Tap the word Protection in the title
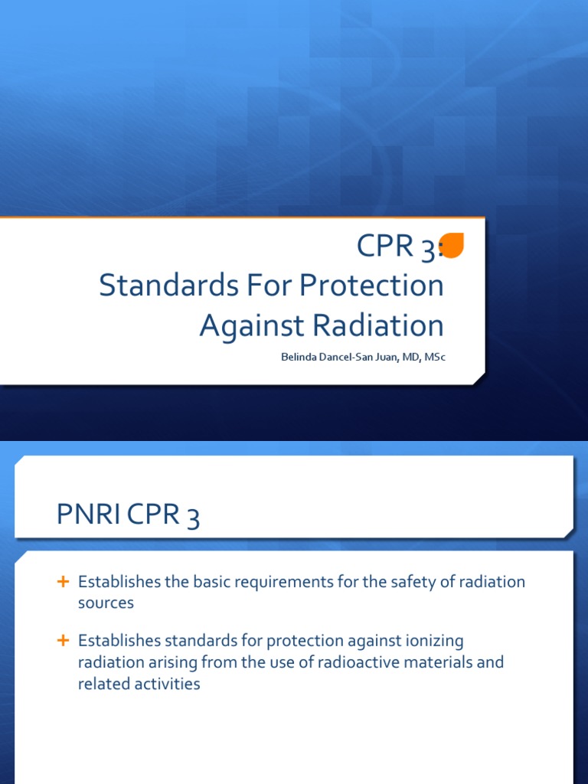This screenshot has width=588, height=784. [x=371, y=286]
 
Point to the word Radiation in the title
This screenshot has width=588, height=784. [x=373, y=325]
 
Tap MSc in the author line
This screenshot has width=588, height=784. [x=432, y=357]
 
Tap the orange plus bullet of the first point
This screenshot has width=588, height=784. [x=64, y=582]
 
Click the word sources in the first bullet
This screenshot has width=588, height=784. [x=106, y=603]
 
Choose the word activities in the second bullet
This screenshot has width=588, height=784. [x=165, y=684]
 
